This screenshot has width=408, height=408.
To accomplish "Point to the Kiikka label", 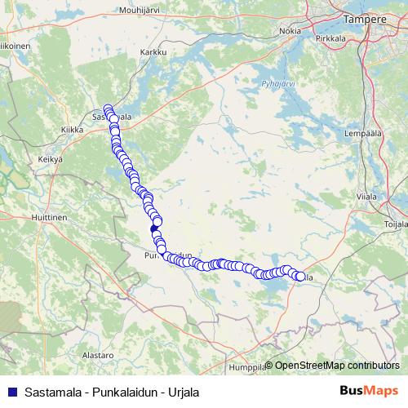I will (x=73, y=128).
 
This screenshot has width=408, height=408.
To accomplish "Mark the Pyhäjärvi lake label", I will (x=266, y=83).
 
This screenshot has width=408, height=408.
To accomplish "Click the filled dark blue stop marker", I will (x=155, y=230).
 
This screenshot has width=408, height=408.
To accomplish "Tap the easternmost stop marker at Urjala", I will (x=299, y=277).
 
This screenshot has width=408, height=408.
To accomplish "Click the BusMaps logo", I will (x=368, y=391).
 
